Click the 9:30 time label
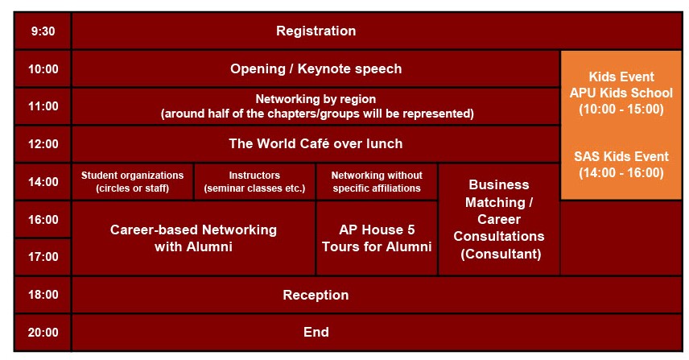click(x=43, y=31)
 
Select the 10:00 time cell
click(x=43, y=68)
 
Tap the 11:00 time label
click(x=43, y=106)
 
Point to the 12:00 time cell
click(x=43, y=143)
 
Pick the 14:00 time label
click(x=43, y=181)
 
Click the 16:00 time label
click(x=43, y=219)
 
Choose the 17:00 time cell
click(x=43, y=257)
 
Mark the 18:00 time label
click(x=43, y=295)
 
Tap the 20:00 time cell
click(x=43, y=333)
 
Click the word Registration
click(x=316, y=31)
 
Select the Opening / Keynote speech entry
click(x=316, y=68)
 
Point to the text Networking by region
click(x=316, y=99)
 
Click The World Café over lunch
click(x=316, y=143)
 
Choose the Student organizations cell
click(x=132, y=181)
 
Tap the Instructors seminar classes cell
click(x=254, y=181)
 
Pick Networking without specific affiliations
click(x=377, y=181)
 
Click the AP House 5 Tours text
click(x=377, y=238)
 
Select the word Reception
click(x=316, y=295)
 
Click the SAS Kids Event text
click(x=621, y=156)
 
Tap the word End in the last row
click(x=316, y=333)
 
